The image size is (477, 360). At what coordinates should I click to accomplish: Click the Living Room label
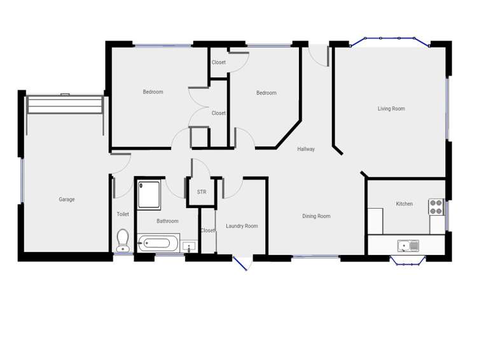click(x=391, y=109)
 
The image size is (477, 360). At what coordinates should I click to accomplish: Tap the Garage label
click(x=67, y=199)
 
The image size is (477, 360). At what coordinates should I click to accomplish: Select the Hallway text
click(x=306, y=149)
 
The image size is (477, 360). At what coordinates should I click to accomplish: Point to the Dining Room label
click(x=316, y=216)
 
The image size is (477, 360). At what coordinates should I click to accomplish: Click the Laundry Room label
click(x=242, y=226)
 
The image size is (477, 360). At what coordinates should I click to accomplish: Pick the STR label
click(x=202, y=191)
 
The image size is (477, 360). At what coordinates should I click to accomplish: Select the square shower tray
click(x=149, y=194)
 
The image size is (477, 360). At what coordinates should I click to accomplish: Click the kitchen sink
click(x=408, y=246)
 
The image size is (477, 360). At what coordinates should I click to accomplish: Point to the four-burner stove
click(x=436, y=207)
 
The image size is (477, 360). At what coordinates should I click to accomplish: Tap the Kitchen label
click(x=404, y=204)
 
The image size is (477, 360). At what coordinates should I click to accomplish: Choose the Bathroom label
click(x=167, y=221)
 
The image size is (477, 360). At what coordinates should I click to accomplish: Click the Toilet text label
click(x=123, y=214)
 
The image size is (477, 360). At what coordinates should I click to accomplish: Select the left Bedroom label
click(x=153, y=92)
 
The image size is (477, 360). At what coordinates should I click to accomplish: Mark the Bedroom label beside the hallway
click(x=266, y=93)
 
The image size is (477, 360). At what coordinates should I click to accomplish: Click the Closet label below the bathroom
click(x=207, y=230)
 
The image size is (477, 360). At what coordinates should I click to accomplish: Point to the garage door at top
click(x=64, y=104)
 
